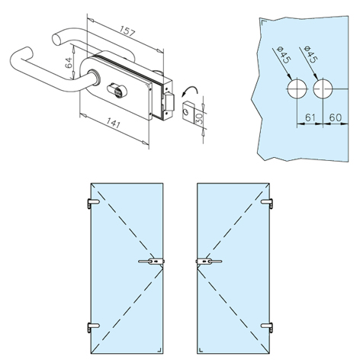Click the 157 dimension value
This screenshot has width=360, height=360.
[128, 31]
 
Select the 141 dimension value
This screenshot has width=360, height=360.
[113, 123]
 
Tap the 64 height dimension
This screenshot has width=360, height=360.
[69, 63]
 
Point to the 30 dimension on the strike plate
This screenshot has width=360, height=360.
[200, 118]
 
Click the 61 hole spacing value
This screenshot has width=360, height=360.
[310, 117]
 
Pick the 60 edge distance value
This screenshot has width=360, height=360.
[335, 117]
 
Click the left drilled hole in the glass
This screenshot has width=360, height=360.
[297, 89]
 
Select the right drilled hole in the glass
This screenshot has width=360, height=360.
[323, 89]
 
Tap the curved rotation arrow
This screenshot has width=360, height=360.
[189, 89]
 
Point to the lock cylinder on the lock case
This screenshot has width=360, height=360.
[115, 89]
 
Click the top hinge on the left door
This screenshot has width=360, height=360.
[93, 203]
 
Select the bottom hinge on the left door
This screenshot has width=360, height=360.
[93, 327]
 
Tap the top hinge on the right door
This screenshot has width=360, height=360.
[267, 203]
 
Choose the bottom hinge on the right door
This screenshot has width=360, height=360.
[267, 327]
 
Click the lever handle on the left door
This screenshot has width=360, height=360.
[151, 262]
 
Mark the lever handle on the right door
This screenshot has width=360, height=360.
[209, 262]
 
